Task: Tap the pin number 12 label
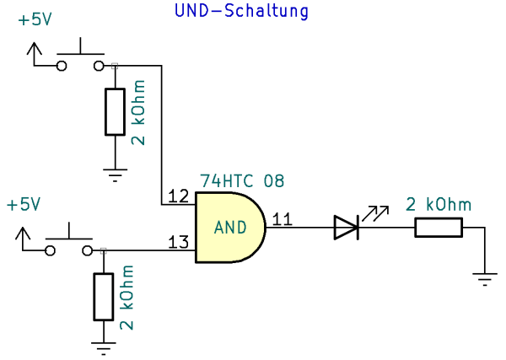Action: [178, 196]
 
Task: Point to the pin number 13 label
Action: [178, 243]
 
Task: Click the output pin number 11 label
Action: [283, 220]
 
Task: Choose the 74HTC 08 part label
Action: [242, 181]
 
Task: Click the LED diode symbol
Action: [347, 227]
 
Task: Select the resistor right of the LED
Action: [439, 227]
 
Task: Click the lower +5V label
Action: [24, 205]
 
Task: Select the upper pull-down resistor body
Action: [116, 111]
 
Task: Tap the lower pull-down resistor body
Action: [104, 296]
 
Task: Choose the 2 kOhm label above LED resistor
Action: [439, 204]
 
